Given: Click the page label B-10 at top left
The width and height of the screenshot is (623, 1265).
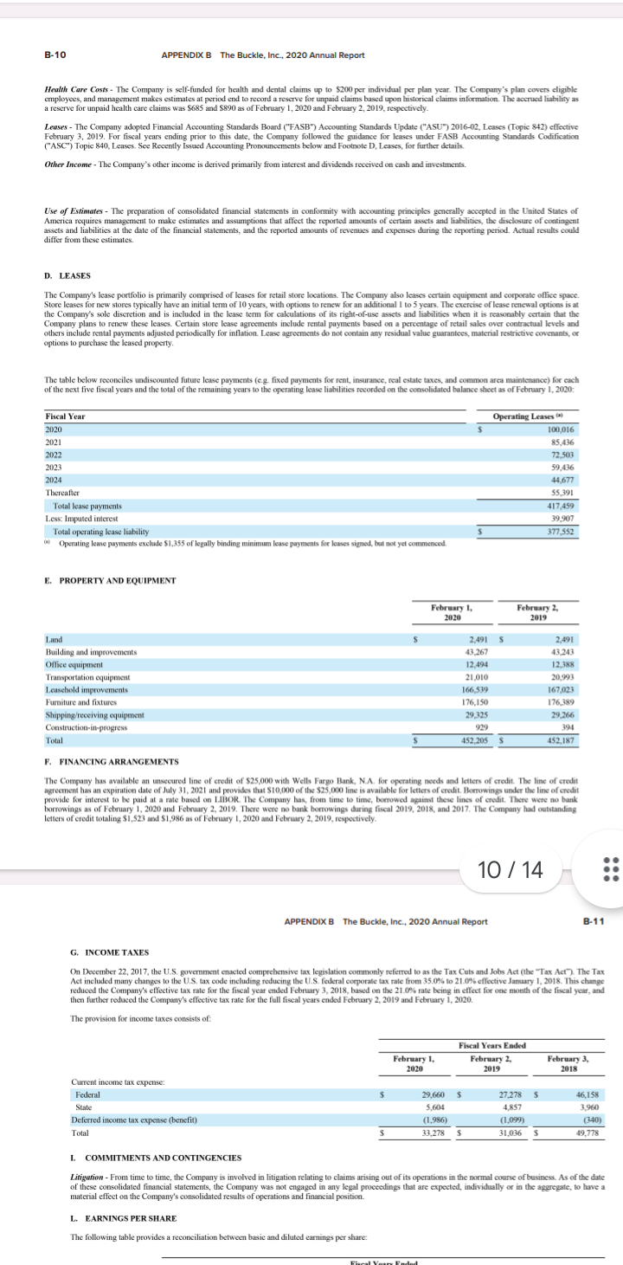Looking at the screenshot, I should click(55, 55).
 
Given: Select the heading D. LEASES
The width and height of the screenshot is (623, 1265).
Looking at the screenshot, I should click(67, 276).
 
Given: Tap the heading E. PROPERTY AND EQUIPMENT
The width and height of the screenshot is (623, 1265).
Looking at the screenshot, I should click(111, 580).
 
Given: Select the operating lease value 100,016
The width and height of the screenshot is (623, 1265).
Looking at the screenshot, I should click(562, 429).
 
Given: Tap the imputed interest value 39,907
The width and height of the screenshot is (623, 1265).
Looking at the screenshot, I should click(564, 518).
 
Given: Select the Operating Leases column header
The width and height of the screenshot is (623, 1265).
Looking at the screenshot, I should click(536, 416).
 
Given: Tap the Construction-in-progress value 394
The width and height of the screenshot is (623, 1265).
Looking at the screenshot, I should click(568, 727).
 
